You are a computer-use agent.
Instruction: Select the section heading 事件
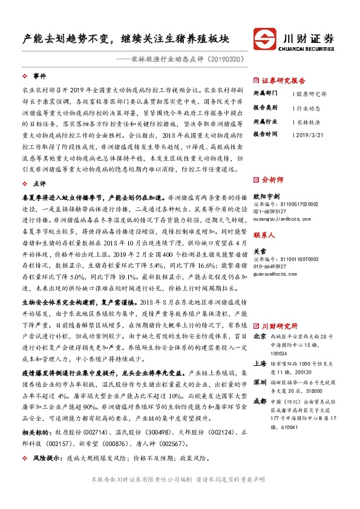(39, 76)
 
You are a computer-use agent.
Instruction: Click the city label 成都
(260, 400)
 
